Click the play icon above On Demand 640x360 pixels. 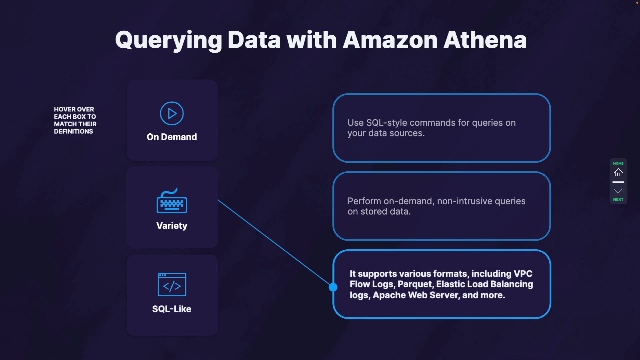pyautogui.click(x=172, y=114)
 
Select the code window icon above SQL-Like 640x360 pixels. pyautogui.click(x=172, y=284)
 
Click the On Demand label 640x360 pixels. pyautogui.click(x=172, y=137)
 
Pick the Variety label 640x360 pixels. pyautogui.click(x=172, y=226)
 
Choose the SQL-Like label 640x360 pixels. pyautogui.click(x=172, y=309)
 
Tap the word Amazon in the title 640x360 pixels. pyautogui.click(x=390, y=40)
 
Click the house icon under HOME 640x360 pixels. pyautogui.click(x=618, y=173)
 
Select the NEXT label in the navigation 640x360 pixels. pyautogui.click(x=618, y=200)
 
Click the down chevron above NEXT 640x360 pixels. pyautogui.click(x=618, y=191)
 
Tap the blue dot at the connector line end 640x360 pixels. pyautogui.click(x=333, y=287)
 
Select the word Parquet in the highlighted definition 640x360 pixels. pyautogui.click(x=414, y=284)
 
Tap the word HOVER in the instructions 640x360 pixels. pyautogui.click(x=65, y=109)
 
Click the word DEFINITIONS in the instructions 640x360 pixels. pyautogui.click(x=73, y=131)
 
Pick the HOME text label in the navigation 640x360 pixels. pyautogui.click(x=618, y=163)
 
